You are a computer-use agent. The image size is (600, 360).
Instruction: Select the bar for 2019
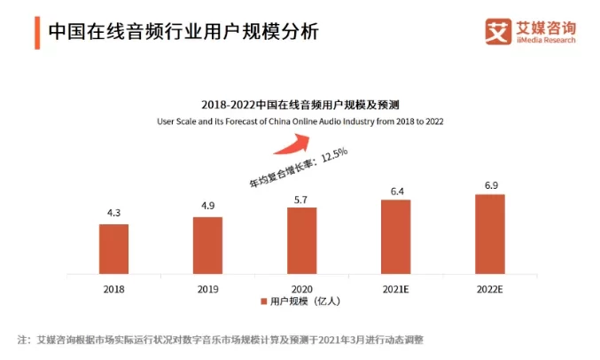click(x=207, y=246)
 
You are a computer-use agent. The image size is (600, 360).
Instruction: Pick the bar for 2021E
click(x=395, y=237)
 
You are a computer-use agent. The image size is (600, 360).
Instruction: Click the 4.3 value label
click(x=113, y=214)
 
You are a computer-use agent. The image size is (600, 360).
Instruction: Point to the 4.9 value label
click(x=207, y=207)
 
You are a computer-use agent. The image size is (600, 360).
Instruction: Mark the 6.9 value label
click(x=489, y=184)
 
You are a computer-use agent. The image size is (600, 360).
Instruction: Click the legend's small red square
click(x=264, y=302)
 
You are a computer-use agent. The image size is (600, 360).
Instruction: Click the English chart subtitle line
click(x=300, y=120)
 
